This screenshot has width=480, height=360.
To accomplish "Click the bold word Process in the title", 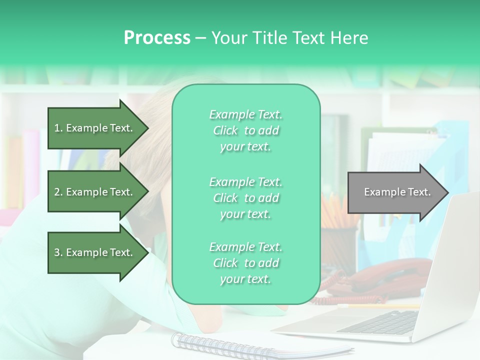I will point(157,37).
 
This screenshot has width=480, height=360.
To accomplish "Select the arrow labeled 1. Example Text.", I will point(95,128).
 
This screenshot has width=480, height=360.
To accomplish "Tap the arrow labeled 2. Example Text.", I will point(95,192).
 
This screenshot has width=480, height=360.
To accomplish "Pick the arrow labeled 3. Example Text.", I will point(95,252).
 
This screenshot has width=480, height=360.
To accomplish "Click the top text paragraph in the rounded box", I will point(245,130).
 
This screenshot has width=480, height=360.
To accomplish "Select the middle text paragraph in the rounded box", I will point(245,198).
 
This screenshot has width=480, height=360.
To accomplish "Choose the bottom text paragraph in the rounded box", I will point(245,263).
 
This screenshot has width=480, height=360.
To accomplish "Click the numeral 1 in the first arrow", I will point(57,128).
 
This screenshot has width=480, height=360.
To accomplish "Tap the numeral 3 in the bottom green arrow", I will point(57,252).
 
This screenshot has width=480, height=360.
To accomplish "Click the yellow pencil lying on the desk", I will point(380,306).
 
